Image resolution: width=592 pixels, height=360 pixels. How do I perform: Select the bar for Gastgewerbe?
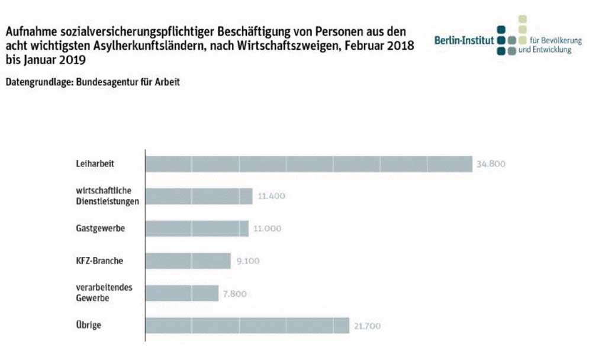click(x=197, y=229)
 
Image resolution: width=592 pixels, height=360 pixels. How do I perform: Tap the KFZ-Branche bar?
click(x=188, y=261)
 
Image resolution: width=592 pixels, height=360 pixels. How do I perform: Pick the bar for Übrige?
click(x=247, y=326)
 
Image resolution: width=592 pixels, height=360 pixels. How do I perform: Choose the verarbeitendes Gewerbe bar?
click(x=182, y=293)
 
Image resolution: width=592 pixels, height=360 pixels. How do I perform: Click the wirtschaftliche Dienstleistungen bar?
click(x=199, y=197)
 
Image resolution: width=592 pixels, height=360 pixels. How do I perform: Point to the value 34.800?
click(x=491, y=164)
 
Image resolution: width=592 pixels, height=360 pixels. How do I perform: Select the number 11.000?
click(x=267, y=229)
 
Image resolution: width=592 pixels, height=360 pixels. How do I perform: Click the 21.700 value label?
click(x=368, y=326)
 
